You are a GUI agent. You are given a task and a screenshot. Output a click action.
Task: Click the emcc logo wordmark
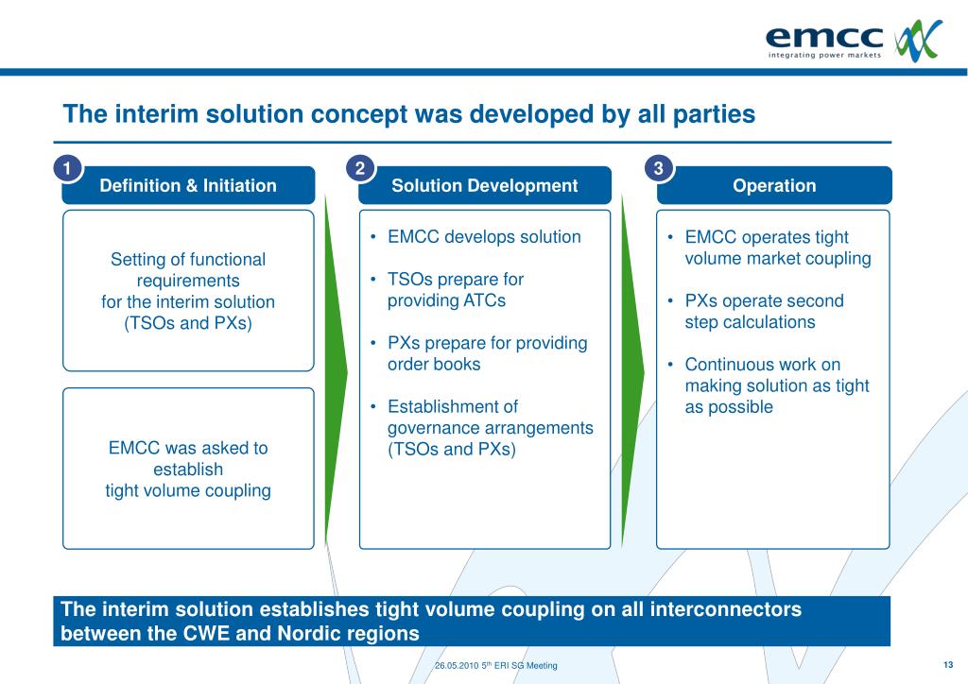[823, 37]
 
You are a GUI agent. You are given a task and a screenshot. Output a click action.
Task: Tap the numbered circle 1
[66, 168]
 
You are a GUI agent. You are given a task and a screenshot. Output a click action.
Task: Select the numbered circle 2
[360, 168]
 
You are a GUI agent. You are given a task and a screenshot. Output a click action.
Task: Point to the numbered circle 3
[659, 168]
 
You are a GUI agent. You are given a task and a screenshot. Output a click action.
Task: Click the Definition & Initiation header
[188, 186]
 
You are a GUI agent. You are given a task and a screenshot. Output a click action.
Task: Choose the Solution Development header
[484, 186]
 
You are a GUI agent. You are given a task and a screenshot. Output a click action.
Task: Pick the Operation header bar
[773, 186]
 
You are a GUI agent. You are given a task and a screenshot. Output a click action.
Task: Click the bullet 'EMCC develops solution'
[484, 237]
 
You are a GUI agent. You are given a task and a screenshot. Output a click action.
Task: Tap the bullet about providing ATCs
[456, 290]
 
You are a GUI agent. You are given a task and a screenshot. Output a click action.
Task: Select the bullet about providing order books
[487, 353]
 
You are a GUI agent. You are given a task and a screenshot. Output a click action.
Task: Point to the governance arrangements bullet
[490, 428]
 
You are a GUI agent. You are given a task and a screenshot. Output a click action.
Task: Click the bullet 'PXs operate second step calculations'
[764, 312]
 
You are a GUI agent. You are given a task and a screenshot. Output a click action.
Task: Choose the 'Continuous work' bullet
[776, 385]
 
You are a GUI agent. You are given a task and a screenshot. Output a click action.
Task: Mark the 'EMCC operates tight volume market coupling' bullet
[777, 248]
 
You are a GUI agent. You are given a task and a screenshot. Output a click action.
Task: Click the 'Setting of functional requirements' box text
[188, 291]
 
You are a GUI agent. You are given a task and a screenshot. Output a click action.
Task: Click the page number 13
[948, 664]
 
